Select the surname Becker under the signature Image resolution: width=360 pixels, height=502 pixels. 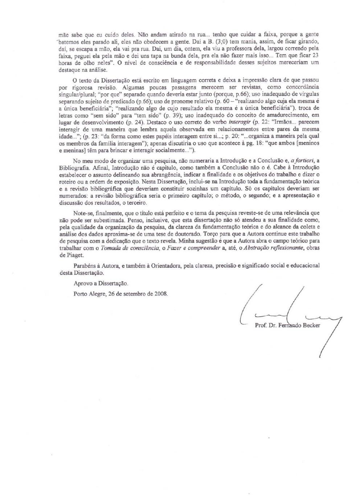pyautogui.click(x=311, y=325)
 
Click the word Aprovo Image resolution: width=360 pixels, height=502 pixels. pyautogui.click(x=82, y=283)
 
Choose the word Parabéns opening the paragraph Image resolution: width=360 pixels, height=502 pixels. pyautogui.click(x=85, y=265)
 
